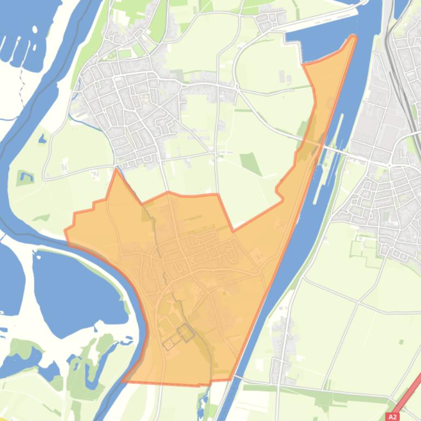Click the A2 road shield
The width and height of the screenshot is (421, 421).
click(x=392, y=417)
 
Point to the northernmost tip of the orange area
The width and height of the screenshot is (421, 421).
click(x=354, y=37)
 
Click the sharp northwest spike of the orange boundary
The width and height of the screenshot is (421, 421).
click(x=116, y=170)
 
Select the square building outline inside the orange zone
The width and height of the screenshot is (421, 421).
click(x=185, y=332)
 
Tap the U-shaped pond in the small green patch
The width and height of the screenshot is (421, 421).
click(x=25, y=177)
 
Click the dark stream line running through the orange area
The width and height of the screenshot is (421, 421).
click(x=164, y=257)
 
